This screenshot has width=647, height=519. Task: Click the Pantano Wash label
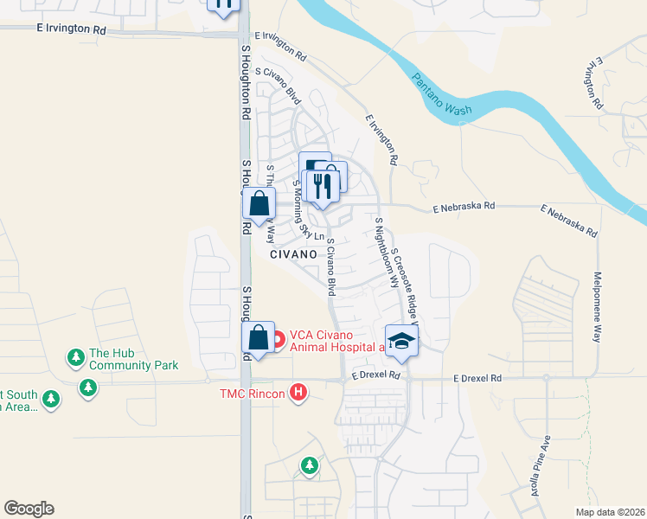click(442, 95)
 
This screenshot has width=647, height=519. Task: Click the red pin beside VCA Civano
click(278, 339)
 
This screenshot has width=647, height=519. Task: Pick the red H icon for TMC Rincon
click(298, 394)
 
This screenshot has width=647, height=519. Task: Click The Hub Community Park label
click(133, 359)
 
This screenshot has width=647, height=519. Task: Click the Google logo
click(29, 509)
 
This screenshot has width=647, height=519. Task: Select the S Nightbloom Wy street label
click(385, 253)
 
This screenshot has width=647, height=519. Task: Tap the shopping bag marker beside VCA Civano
click(259, 339)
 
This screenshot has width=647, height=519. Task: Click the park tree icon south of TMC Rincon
click(310, 467)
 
